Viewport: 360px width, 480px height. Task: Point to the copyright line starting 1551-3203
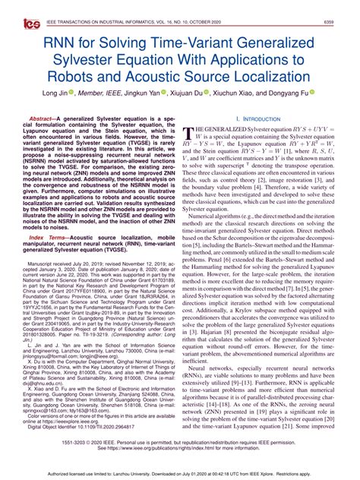tap(179, 441)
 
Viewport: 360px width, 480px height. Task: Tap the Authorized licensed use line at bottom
tap(179, 472)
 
